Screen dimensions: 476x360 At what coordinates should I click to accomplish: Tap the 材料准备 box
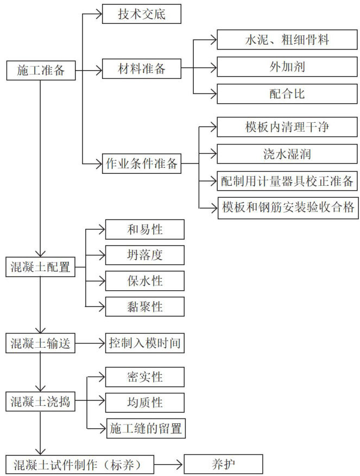pyautogui.click(x=142, y=70)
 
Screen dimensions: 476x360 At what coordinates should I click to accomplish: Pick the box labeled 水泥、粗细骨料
pyautogui.click(x=287, y=40)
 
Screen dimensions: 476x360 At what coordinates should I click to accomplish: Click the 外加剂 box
pyautogui.click(x=287, y=67)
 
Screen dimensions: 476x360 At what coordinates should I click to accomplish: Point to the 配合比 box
pyautogui.click(x=287, y=93)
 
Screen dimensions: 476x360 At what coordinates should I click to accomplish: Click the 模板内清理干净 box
pyautogui.click(x=287, y=128)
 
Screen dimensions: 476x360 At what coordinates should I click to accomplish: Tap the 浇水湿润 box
pyautogui.click(x=287, y=154)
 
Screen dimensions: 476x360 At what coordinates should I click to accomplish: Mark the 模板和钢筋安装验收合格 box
pyautogui.click(x=287, y=207)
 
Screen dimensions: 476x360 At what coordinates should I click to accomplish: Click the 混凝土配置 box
pyautogui.click(x=41, y=267)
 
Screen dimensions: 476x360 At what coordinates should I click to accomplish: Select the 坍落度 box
pyautogui.click(x=144, y=255)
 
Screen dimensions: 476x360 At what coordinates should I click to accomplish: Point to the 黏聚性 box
pyautogui.click(x=144, y=307)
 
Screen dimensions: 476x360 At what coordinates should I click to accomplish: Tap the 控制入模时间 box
pyautogui.click(x=144, y=343)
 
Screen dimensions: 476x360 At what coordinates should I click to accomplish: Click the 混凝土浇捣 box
pyautogui.click(x=41, y=403)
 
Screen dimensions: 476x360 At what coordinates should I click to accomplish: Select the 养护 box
pyautogui.click(x=224, y=465)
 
